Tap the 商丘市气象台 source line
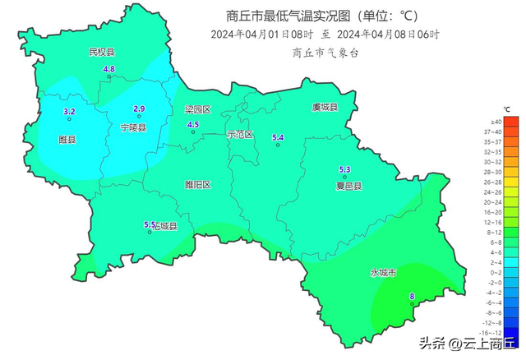point(325,52)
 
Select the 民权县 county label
point(101,52)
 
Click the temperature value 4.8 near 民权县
point(108,69)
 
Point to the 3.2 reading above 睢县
point(69,111)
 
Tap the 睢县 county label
point(67,140)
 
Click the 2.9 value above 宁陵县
point(139,108)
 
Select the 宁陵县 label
point(133,128)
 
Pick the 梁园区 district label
point(197,109)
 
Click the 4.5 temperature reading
point(193,124)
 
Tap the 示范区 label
point(240,134)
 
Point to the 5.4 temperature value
point(278,137)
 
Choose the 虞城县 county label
point(325,108)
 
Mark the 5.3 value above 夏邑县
point(345,169)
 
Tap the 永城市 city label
point(383,272)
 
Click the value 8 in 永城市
point(412,297)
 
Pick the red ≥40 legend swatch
point(511,122)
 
